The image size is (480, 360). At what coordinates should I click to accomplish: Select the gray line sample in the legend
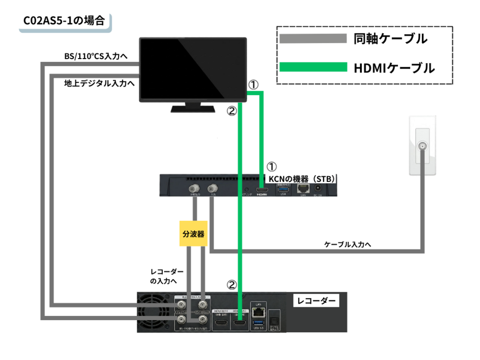(x=312, y=38)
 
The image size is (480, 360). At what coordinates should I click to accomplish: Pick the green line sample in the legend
(x=312, y=68)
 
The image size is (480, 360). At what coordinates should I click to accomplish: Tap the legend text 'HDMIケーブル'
(x=394, y=68)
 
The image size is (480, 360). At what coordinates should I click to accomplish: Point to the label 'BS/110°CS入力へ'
(x=96, y=57)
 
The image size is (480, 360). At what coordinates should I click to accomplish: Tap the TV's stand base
(x=193, y=109)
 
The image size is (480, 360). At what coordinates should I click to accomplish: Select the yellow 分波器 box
(x=193, y=234)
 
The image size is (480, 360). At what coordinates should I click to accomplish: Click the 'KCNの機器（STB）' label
(x=301, y=179)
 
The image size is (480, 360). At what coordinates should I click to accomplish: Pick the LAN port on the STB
(x=302, y=188)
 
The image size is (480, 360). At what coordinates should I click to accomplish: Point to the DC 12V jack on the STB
(x=317, y=188)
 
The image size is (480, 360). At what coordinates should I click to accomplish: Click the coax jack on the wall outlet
(x=423, y=146)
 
